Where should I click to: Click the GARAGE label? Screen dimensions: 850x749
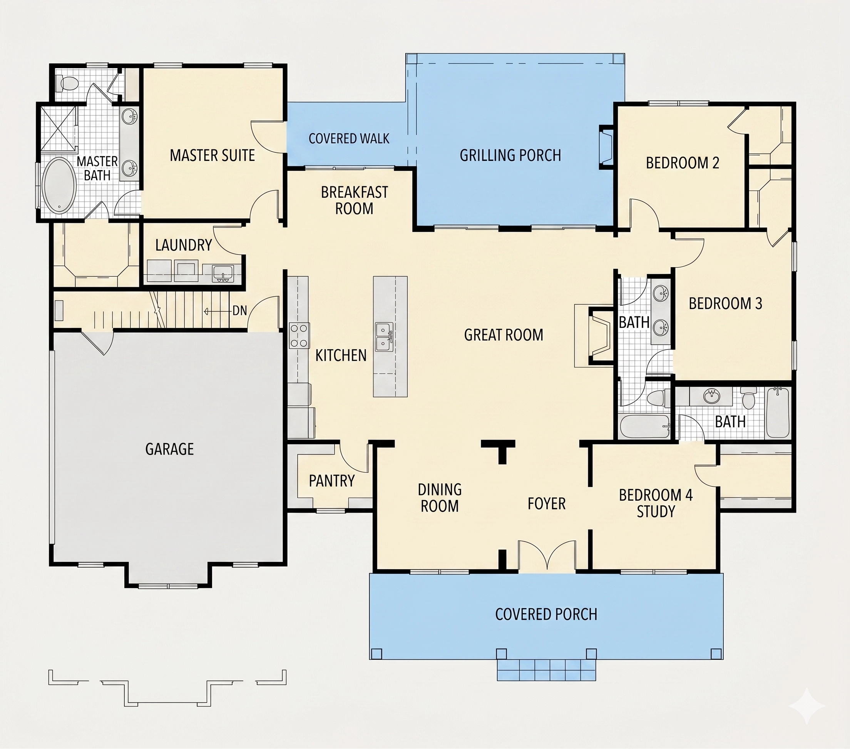[170, 449]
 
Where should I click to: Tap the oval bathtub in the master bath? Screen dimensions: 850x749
[60, 185]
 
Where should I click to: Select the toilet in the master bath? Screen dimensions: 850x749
[67, 83]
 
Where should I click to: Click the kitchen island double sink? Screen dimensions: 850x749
[384, 337]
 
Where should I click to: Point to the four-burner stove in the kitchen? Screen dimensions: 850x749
[299, 336]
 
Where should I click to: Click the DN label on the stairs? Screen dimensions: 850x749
[239, 311]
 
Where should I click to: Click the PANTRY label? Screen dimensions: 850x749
[332, 481]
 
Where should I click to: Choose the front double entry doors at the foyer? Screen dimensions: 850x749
[547, 555]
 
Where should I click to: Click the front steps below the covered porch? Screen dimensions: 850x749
[546, 670]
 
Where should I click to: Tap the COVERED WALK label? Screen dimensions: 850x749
[349, 139]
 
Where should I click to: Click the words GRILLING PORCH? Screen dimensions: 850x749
[510, 155]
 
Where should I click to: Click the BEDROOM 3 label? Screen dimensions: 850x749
[725, 304]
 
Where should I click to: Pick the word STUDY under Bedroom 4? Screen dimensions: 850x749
[656, 512]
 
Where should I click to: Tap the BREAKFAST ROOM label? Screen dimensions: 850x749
[354, 201]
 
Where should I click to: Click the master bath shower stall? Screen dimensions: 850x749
[59, 125]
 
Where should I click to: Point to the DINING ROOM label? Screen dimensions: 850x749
[440, 498]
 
